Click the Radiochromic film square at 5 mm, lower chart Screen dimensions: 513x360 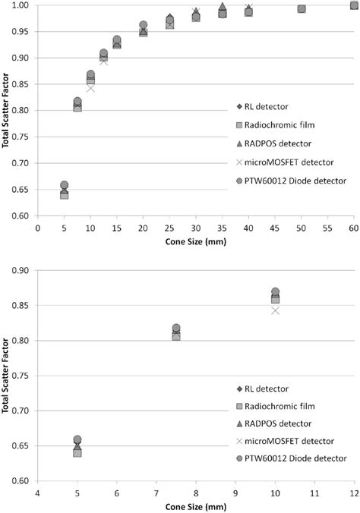tap(77, 452)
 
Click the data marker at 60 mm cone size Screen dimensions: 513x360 tap(354, 6)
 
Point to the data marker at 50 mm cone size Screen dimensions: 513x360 tap(302, 9)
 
